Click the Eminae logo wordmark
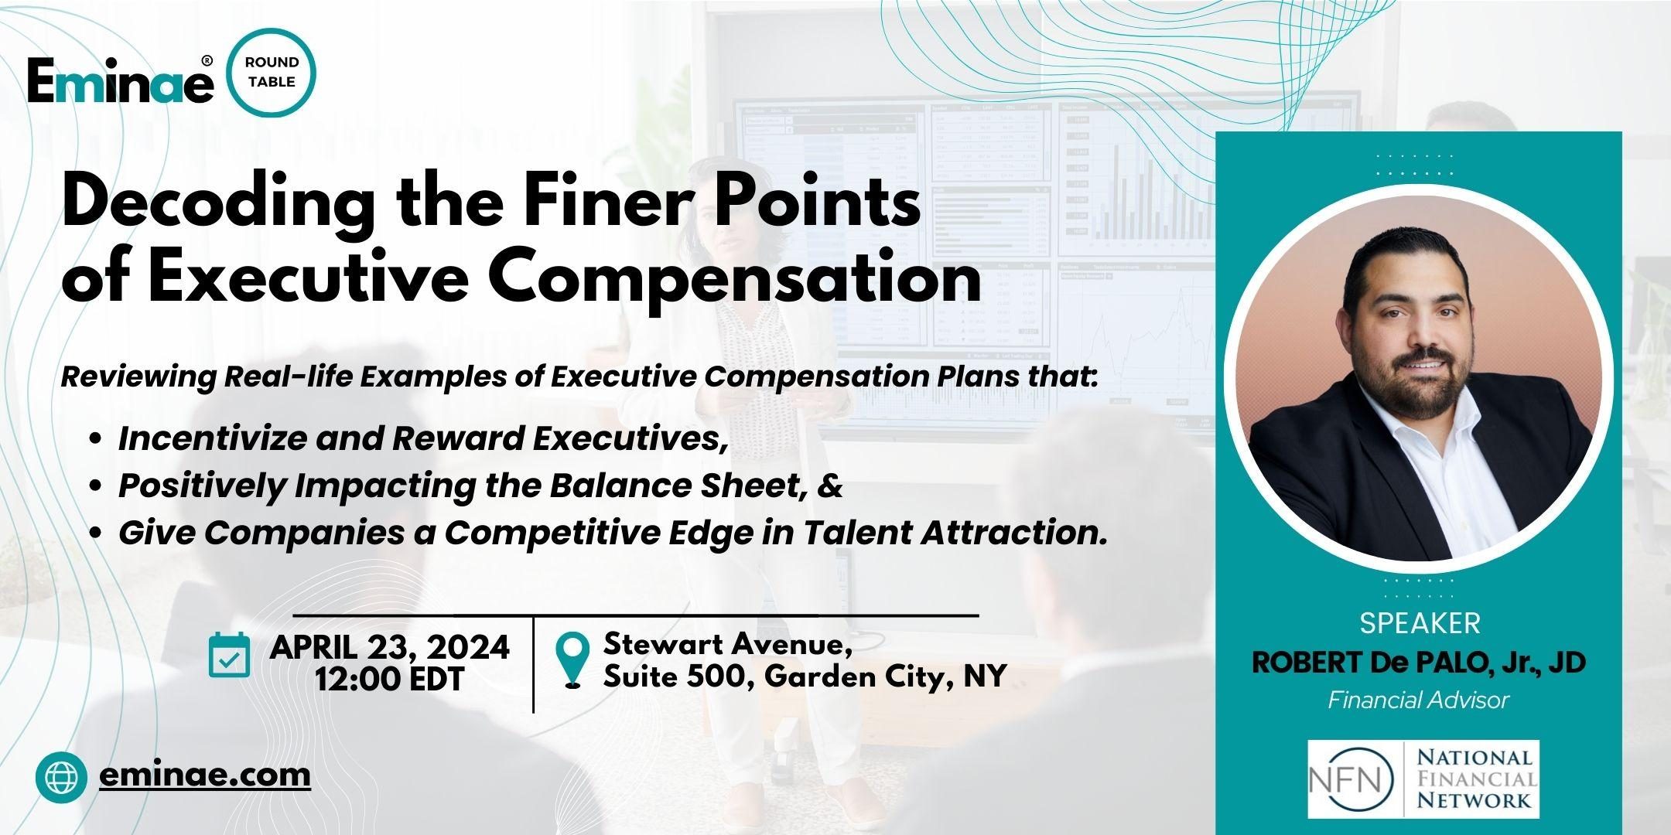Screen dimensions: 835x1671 120,81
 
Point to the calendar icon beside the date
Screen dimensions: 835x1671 230,655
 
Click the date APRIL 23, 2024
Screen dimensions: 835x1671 389,646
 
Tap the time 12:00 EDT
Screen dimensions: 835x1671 389,680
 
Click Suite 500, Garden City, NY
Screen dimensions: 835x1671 805,677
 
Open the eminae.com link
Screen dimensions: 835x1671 205,774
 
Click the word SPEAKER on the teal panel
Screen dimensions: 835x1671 1419,623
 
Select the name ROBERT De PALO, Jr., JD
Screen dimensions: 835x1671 1419,663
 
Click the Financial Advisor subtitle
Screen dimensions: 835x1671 1419,700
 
